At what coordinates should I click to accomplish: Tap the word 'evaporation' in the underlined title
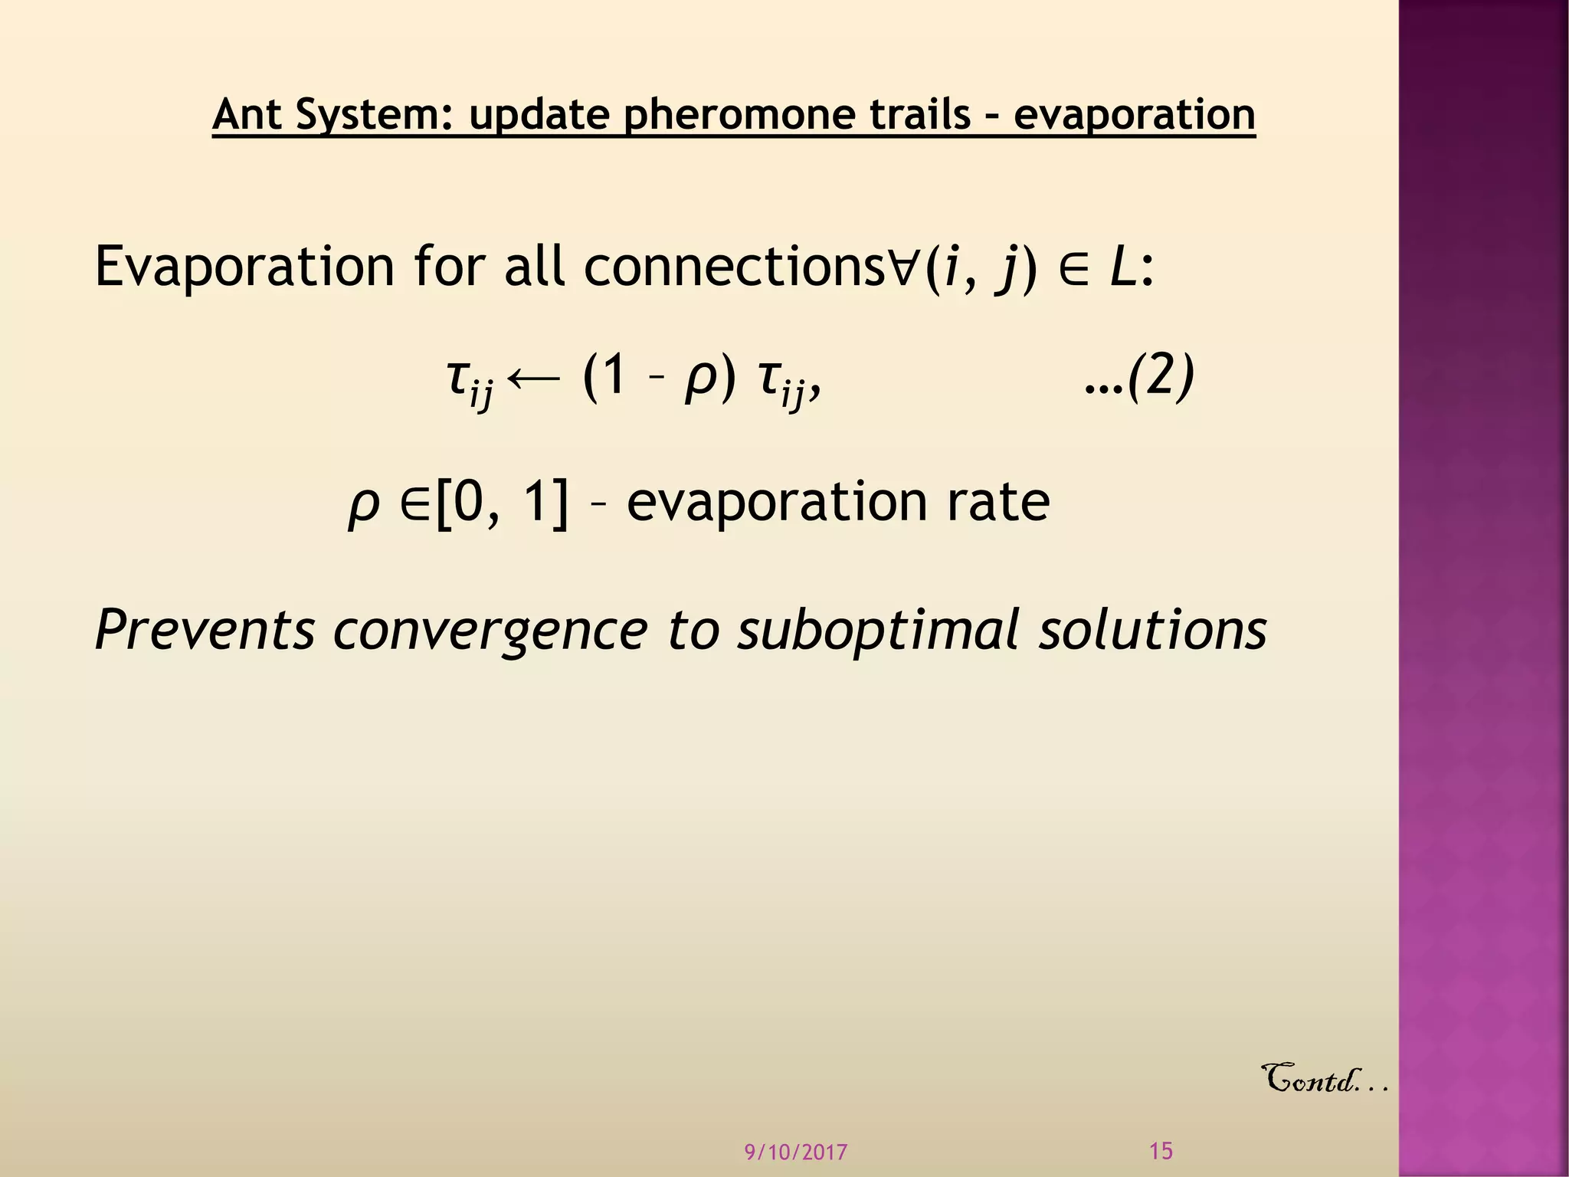1134,115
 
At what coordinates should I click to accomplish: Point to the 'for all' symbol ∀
905,267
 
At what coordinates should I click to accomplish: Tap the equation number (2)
1161,376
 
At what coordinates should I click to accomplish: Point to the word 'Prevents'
205,630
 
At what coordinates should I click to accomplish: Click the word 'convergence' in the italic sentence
490,630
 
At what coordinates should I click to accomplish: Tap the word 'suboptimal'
878,630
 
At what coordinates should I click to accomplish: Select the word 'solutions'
1152,630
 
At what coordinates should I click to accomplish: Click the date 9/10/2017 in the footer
796,1152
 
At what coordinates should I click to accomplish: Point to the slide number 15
1161,1151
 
